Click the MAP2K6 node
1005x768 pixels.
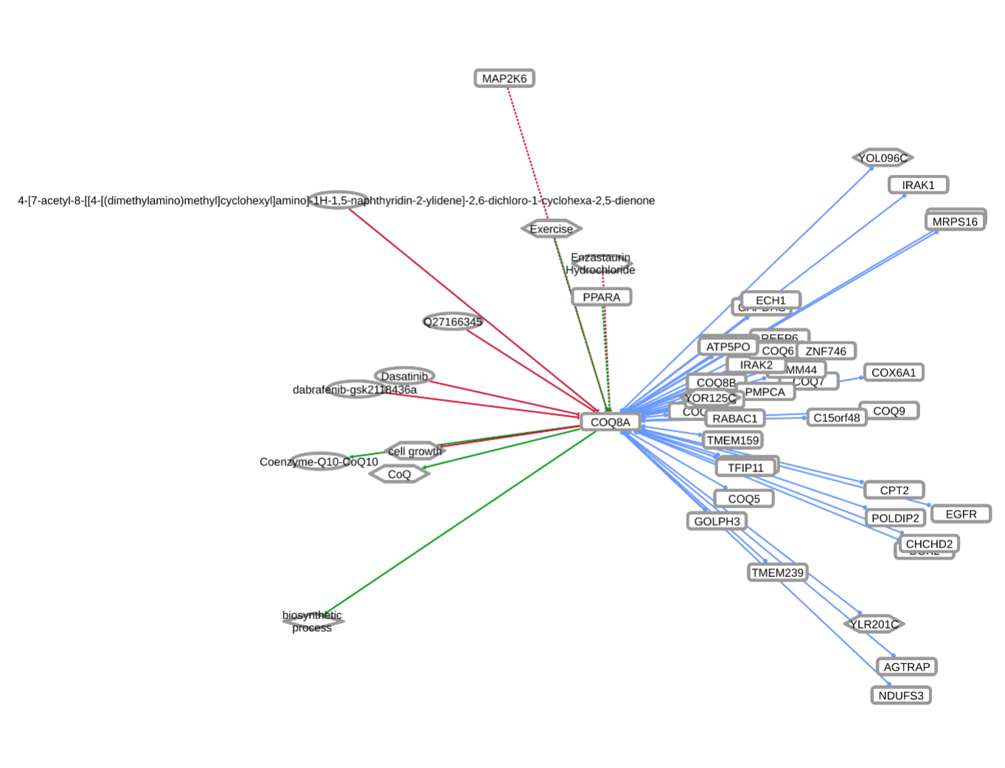coord(504,78)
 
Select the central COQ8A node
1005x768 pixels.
coord(610,422)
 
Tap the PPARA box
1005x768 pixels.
coord(602,297)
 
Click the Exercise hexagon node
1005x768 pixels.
coord(552,229)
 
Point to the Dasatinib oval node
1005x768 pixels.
coord(404,376)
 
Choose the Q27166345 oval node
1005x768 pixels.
coord(452,322)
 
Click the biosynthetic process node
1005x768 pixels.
coord(313,622)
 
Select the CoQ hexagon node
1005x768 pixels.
coord(399,474)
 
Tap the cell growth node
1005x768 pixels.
coord(415,451)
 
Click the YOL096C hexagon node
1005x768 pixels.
coord(883,158)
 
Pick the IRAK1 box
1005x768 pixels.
coord(918,184)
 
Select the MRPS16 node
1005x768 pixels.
coord(955,221)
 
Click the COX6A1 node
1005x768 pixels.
coord(894,373)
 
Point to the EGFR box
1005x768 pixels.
coord(961,514)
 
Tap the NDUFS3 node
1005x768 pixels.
coord(901,696)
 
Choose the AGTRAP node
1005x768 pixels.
coord(907,667)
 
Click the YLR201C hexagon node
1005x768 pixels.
coord(874,624)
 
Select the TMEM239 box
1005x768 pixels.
coord(778,572)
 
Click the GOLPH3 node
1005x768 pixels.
coord(717,521)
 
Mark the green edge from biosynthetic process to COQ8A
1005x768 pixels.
coord(457,524)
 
